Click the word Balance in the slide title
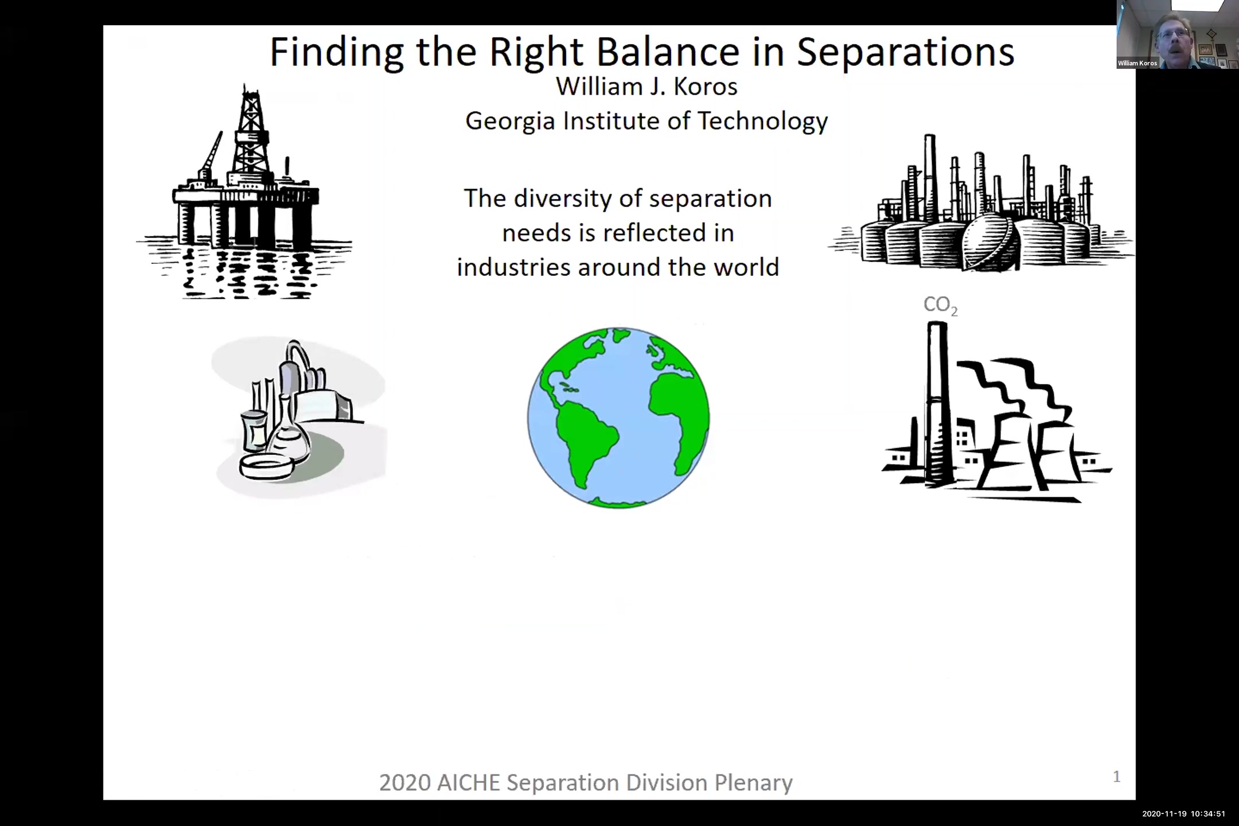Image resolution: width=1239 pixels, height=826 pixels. point(668,52)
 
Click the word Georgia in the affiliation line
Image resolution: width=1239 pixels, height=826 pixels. point(510,122)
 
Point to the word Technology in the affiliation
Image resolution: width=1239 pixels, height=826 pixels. point(763,122)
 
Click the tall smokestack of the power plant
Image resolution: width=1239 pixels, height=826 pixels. point(937,404)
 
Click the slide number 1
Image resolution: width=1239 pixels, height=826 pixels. point(1116,777)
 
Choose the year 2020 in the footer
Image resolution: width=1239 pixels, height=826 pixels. point(405,783)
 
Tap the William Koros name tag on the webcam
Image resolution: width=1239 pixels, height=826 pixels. point(1137,63)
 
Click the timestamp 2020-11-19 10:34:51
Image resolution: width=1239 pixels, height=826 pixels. point(1183,813)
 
